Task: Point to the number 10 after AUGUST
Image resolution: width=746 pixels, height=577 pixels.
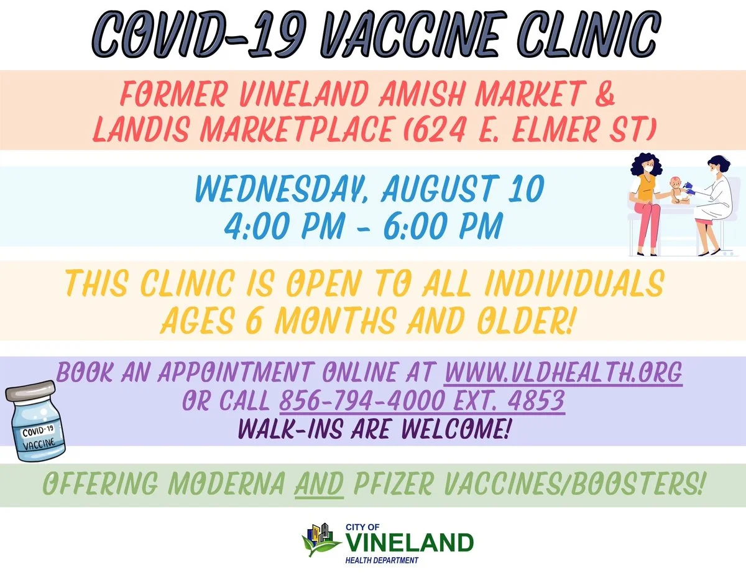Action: click(525, 189)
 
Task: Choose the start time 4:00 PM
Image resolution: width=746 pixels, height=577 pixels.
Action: click(284, 225)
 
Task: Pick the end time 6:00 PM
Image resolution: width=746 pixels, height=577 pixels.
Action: click(443, 225)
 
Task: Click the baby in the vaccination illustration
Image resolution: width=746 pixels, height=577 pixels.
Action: click(678, 191)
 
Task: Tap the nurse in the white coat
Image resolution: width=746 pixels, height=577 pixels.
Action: click(715, 205)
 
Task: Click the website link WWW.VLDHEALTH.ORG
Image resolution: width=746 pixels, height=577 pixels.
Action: click(563, 372)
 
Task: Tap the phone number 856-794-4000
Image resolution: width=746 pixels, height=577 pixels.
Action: click(362, 401)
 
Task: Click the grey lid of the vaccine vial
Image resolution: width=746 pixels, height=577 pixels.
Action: click(30, 390)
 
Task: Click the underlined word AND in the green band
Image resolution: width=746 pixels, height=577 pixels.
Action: click(320, 484)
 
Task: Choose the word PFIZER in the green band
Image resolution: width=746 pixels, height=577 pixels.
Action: click(393, 484)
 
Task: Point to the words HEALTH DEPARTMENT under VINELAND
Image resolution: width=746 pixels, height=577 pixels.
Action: click(382, 560)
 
